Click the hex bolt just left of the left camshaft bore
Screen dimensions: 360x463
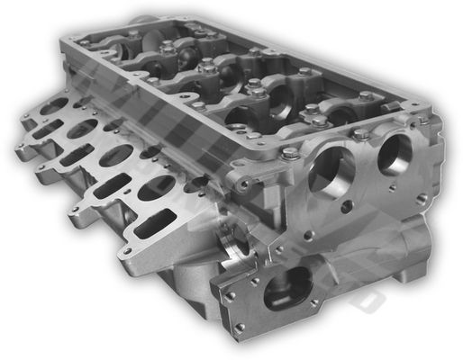tap(291, 154)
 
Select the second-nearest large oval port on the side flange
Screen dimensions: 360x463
tap(115, 156)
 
